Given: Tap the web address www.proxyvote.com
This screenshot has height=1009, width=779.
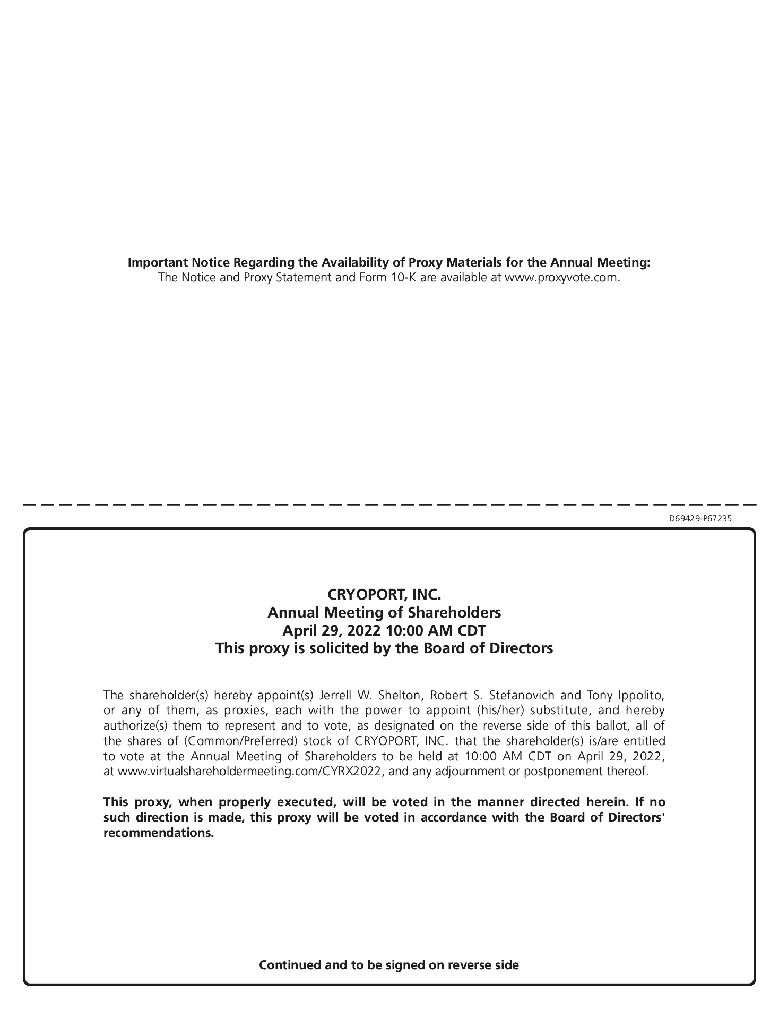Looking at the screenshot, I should pyautogui.click(x=561, y=277).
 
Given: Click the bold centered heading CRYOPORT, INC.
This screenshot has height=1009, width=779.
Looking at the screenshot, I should pyautogui.click(x=384, y=593).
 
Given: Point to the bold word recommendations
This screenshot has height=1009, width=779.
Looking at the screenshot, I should pyautogui.click(x=158, y=832).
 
